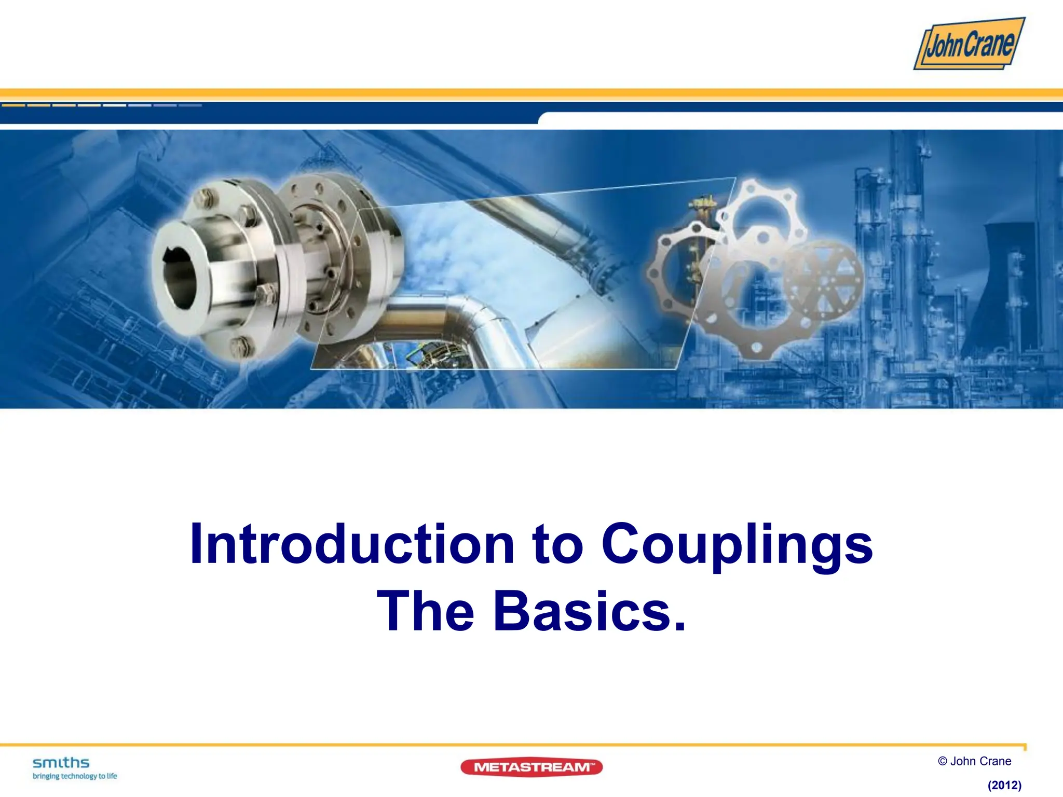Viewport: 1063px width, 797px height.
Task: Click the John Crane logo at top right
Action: pyautogui.click(x=969, y=44)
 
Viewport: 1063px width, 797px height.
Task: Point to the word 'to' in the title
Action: pyautogui.click(x=557, y=545)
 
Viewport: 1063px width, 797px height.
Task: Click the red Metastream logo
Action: pyautogui.click(x=531, y=767)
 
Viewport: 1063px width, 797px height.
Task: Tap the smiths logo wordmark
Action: pyautogui.click(x=61, y=762)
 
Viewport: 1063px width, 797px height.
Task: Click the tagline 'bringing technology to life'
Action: pyautogui.click(x=75, y=776)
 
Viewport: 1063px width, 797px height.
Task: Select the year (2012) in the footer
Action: pyautogui.click(x=1004, y=785)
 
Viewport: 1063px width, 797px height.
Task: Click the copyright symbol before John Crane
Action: pyautogui.click(x=943, y=761)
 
